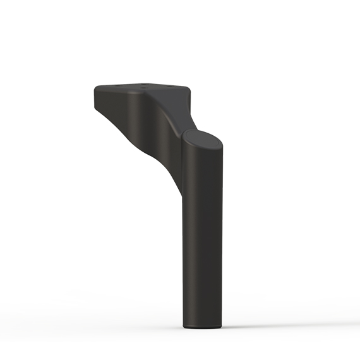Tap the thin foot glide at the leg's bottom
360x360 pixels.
[x=203, y=328]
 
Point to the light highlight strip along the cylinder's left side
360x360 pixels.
[x=187, y=240]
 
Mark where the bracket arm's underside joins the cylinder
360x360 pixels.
[x=182, y=189]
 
